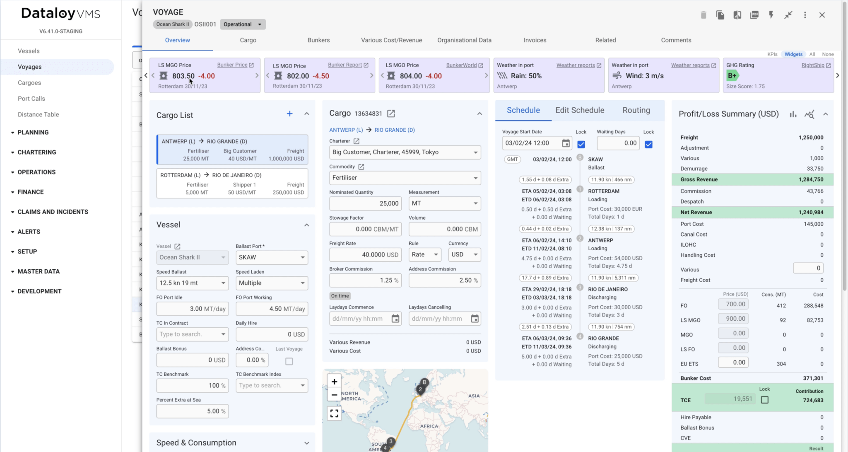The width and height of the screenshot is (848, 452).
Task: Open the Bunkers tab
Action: pyautogui.click(x=318, y=40)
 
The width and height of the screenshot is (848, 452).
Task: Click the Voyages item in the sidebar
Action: pyautogui.click(x=30, y=67)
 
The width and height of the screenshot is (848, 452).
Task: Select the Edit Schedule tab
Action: pyautogui.click(x=580, y=110)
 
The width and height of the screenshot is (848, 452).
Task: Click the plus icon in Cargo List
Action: pyautogui.click(x=290, y=114)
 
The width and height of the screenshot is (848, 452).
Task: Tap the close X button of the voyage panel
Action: pyautogui.click(x=822, y=15)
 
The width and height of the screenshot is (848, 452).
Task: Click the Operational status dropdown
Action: pyautogui.click(x=243, y=24)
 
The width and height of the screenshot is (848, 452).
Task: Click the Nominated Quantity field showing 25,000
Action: pyautogui.click(x=365, y=203)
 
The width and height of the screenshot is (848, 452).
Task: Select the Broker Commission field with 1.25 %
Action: pyautogui.click(x=365, y=280)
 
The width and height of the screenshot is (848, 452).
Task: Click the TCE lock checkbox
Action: pyautogui.click(x=765, y=400)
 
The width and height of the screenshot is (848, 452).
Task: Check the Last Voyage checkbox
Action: pyautogui.click(x=289, y=361)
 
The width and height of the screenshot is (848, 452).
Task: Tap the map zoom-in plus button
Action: pyautogui.click(x=334, y=382)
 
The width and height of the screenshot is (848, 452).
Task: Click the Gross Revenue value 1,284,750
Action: pyautogui.click(x=811, y=179)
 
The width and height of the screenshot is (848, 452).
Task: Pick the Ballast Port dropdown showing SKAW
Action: pyautogui.click(x=272, y=257)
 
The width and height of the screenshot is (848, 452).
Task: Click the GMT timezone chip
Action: pyautogui.click(x=512, y=160)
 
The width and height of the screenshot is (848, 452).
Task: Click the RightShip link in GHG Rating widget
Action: pyautogui.click(x=813, y=65)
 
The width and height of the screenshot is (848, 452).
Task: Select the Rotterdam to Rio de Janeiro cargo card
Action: pyautogui.click(x=232, y=184)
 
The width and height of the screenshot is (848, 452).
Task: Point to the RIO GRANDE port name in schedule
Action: pyautogui.click(x=603, y=338)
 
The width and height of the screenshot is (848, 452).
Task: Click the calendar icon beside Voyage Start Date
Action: pyautogui.click(x=566, y=143)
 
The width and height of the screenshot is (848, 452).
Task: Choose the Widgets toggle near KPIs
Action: pyautogui.click(x=793, y=54)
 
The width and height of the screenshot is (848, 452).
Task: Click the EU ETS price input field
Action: pyautogui.click(x=733, y=363)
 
